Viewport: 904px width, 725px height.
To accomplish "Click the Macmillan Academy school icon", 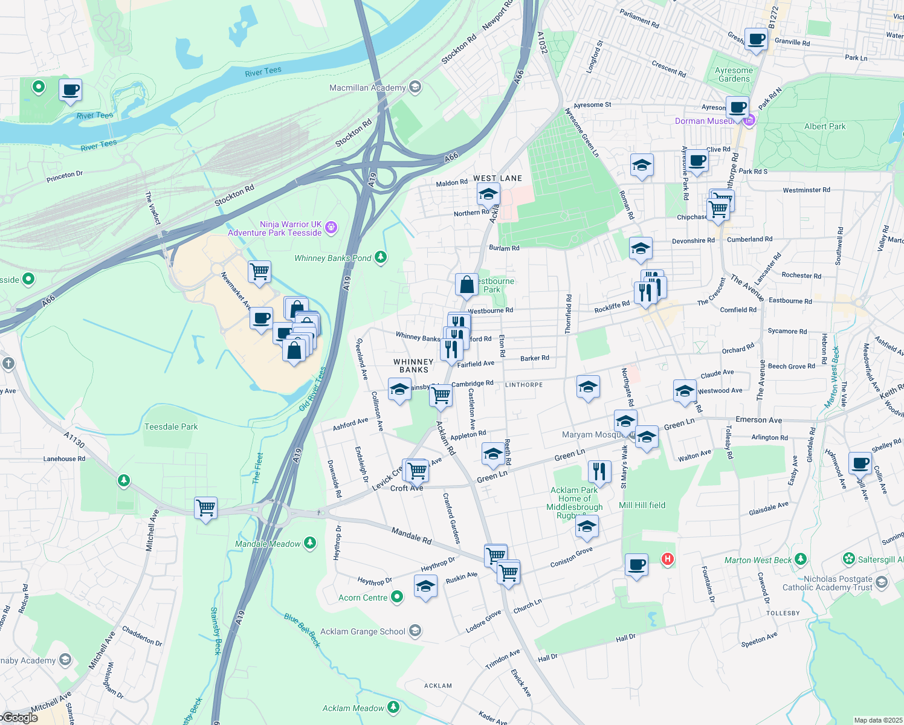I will [x=415, y=87].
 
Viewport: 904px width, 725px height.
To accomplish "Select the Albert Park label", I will [x=825, y=126].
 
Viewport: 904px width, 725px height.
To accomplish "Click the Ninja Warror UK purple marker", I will [x=331, y=228].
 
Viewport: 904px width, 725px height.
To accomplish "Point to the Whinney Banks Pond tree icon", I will [x=380, y=257].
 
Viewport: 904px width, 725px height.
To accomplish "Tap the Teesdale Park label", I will [x=171, y=427].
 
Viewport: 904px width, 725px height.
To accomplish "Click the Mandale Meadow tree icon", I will [x=310, y=543].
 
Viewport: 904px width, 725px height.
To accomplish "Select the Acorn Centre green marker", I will [x=397, y=597].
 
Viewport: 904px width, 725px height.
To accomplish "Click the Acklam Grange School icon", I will [x=415, y=631].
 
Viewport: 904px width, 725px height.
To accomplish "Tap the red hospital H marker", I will [x=668, y=559].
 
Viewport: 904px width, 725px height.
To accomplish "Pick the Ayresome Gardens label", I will [x=734, y=74].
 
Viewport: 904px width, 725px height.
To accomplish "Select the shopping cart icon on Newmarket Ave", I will [x=259, y=271].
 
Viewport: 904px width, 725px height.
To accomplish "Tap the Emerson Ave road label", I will [x=758, y=420].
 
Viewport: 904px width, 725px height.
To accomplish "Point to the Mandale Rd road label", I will [x=412, y=535].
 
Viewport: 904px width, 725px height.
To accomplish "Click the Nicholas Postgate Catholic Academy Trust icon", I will [x=882, y=582].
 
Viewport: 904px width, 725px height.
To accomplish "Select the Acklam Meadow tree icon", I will [x=393, y=706].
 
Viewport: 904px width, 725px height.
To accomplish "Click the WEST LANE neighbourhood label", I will [x=497, y=178].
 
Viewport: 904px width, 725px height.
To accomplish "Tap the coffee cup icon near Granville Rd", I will [x=756, y=39].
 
